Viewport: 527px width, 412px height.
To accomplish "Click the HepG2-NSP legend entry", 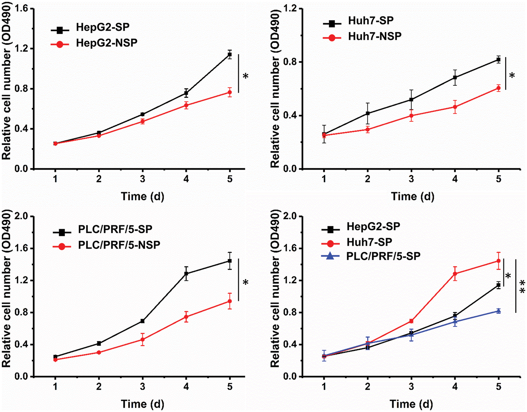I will click(106, 43).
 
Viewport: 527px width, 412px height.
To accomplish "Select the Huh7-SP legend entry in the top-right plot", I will click(371, 21).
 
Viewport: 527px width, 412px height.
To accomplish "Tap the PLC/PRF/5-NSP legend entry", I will click(119, 245).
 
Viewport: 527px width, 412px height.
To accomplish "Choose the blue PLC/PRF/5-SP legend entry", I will click(383, 256).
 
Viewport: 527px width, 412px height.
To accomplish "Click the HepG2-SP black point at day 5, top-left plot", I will click(230, 54).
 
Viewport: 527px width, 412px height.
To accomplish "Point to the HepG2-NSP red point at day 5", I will click(230, 92).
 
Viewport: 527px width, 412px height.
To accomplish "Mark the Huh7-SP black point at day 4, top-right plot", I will click(455, 78).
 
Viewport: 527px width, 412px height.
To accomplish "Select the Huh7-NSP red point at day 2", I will click(367, 130).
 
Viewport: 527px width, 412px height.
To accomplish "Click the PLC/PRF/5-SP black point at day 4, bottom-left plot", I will click(186, 274).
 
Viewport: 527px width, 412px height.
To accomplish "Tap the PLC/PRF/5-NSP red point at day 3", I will click(143, 340).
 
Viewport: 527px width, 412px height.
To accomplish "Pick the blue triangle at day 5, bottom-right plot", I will click(498, 311).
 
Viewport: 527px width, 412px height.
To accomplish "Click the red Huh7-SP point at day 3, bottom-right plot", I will click(411, 321).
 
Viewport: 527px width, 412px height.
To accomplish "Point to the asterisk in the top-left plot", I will click(246, 76).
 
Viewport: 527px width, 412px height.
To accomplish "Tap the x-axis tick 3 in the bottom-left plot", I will click(143, 387).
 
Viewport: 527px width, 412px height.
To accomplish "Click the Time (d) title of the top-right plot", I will click(412, 196).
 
